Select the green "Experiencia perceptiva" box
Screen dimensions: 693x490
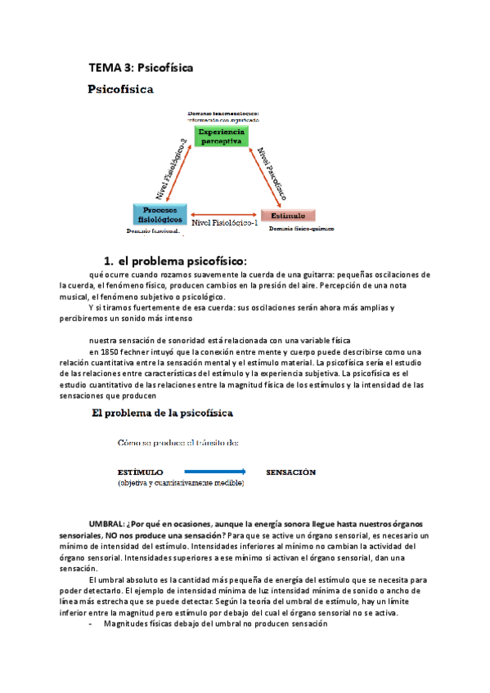(221, 136)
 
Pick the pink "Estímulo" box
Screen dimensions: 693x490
(288, 216)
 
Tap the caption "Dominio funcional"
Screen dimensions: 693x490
(151, 232)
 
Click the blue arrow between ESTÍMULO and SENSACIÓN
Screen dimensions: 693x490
(214, 472)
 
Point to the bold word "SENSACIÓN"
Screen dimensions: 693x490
(290, 472)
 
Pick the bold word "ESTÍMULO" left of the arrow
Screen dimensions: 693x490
(140, 472)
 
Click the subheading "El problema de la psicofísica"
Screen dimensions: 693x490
(162, 413)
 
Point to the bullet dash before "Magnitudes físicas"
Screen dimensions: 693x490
(89, 623)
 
